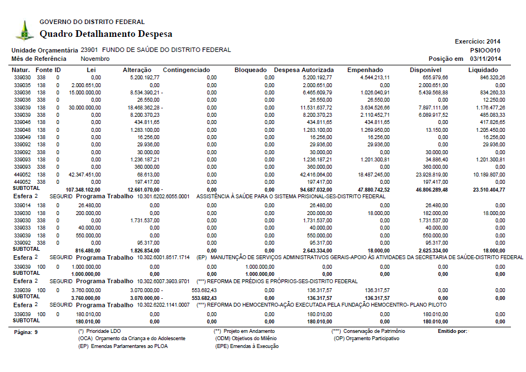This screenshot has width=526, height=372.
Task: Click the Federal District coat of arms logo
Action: (24, 30)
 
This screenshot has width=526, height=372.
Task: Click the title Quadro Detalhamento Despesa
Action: (106, 34)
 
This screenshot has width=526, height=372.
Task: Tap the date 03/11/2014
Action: (486, 59)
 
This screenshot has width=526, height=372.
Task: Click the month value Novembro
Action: (95, 59)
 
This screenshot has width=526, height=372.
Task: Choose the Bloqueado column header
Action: (251, 70)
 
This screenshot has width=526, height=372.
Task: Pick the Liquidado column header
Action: (486, 70)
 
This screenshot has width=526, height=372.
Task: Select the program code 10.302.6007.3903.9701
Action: (164, 281)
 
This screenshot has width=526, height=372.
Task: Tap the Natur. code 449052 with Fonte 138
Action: (22, 175)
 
